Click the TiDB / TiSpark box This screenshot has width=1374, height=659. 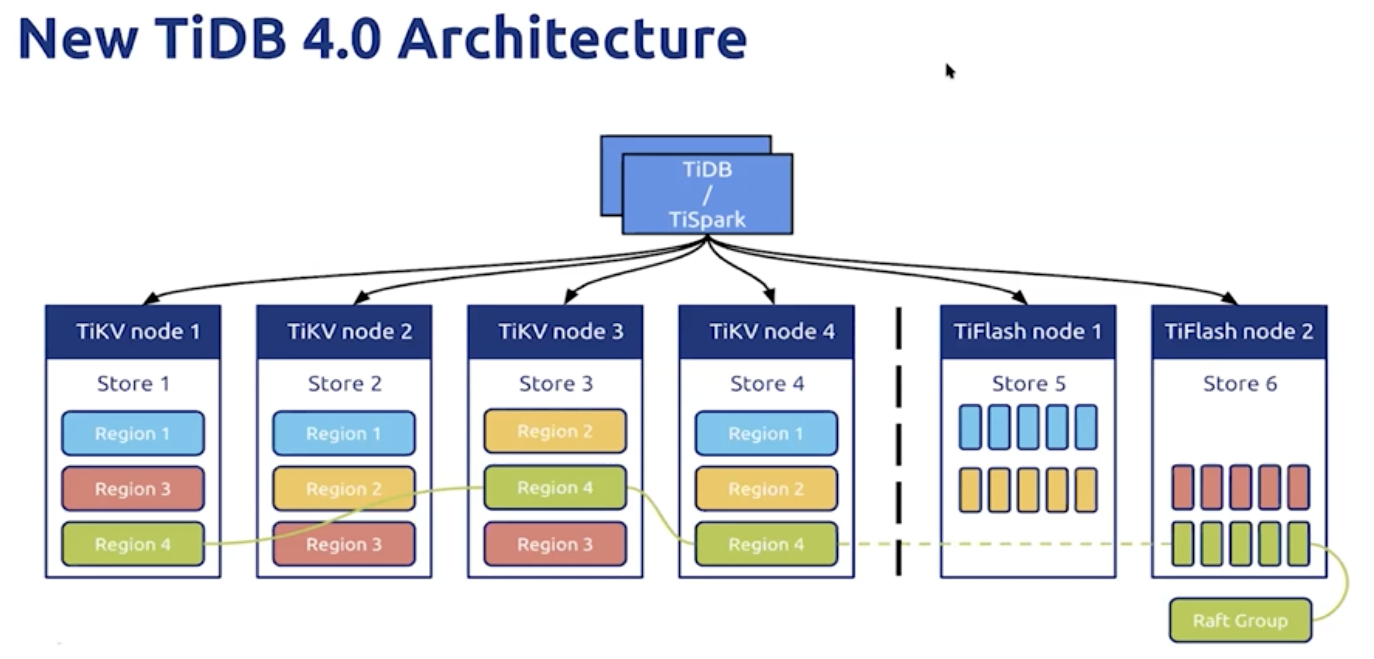tap(707, 194)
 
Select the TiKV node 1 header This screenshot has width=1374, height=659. tap(133, 332)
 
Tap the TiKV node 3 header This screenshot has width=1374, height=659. tap(555, 332)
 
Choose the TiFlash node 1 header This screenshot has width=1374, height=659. tap(1028, 332)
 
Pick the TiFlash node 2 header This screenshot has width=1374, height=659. tap(1239, 332)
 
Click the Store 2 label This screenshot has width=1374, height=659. tap(345, 384)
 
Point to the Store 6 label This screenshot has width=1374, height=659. tap(1240, 384)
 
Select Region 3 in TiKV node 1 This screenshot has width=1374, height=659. tap(133, 489)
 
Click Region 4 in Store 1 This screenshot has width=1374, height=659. tap(133, 544)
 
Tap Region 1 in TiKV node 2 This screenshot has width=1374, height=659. tap(344, 433)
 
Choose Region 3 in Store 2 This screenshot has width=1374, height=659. tap(344, 544)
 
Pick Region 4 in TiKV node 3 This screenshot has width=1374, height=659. tap(555, 487)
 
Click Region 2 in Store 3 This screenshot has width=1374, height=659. tap(555, 431)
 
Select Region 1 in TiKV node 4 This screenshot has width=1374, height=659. tap(766, 433)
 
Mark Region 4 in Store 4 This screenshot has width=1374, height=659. tap(766, 544)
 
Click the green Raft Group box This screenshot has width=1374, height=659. tap(1240, 620)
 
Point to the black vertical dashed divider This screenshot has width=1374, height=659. tap(899, 443)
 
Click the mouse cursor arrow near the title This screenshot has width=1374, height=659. tap(950, 71)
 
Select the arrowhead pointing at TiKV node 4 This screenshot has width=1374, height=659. tap(770, 295)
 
